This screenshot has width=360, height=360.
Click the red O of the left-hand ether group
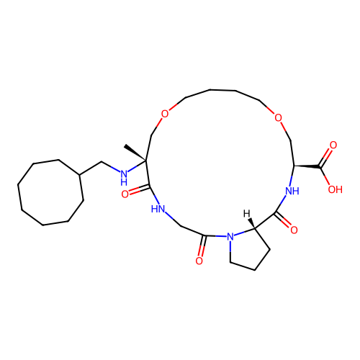click(x=165, y=114)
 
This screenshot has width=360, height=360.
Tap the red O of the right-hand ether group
click(x=279, y=119)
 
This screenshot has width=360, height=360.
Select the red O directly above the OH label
click(x=333, y=145)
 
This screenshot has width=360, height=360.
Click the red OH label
click(x=335, y=190)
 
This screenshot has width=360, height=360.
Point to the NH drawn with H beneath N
click(x=124, y=176)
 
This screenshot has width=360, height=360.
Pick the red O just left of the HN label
click(x=125, y=194)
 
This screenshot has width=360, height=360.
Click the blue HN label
click(x=158, y=209)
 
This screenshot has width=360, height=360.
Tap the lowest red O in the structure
click(x=199, y=261)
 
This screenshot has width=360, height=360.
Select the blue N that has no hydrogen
click(x=230, y=236)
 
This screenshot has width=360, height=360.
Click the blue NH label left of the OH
click(x=292, y=192)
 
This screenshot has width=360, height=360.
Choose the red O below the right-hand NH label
click(x=294, y=230)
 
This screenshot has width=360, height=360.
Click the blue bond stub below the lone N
click(x=230, y=246)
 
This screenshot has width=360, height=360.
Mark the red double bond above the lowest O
click(x=202, y=251)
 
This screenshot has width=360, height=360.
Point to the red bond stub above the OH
click(x=327, y=179)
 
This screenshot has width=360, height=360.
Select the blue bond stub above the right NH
click(x=291, y=180)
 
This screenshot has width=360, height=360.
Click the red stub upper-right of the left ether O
click(x=173, y=107)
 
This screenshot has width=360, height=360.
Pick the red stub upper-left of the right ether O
click(x=271, y=111)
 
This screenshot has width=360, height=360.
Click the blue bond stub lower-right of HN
click(x=168, y=215)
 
